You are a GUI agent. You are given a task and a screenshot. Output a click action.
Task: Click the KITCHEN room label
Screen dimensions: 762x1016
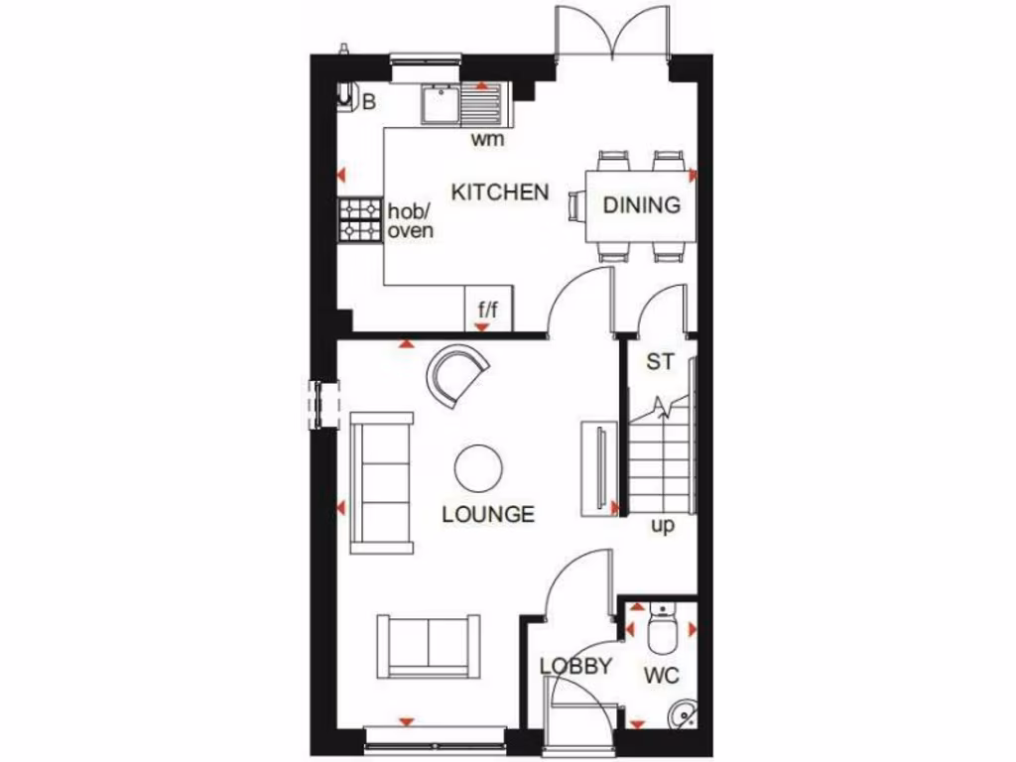click(x=500, y=191)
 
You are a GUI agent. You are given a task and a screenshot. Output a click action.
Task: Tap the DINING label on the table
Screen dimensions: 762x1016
click(x=642, y=205)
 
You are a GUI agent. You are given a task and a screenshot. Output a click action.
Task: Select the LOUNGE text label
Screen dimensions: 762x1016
click(x=488, y=514)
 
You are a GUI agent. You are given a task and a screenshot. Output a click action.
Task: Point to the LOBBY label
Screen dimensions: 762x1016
click(x=575, y=667)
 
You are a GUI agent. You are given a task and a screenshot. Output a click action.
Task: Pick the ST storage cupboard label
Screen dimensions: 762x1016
click(x=660, y=362)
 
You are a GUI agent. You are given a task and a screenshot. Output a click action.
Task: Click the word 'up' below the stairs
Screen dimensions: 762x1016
click(x=662, y=525)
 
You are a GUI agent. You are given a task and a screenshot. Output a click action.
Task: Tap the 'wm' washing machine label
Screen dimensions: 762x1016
click(x=487, y=139)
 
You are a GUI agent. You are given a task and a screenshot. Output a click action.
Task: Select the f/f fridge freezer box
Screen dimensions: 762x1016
click(x=487, y=309)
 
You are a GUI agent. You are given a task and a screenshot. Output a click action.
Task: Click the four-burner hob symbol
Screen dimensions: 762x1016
click(x=360, y=220)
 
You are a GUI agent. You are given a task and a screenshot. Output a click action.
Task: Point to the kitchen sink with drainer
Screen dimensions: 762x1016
click(x=462, y=103)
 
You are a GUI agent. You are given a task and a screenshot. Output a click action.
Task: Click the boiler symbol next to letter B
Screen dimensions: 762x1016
click(x=346, y=97)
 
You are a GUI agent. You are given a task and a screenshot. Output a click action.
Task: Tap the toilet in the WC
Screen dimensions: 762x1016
click(x=659, y=625)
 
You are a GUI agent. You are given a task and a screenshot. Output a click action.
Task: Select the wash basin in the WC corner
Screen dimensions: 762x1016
click(x=682, y=712)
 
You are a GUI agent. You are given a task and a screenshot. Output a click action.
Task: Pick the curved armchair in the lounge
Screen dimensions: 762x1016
click(x=457, y=373)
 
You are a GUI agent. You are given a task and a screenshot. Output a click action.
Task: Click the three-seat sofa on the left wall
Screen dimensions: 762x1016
click(x=382, y=481)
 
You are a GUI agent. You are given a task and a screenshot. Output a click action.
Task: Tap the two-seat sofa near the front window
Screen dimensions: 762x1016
click(x=428, y=645)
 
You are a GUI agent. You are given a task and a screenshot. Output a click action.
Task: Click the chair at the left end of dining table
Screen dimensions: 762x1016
click(x=576, y=206)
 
